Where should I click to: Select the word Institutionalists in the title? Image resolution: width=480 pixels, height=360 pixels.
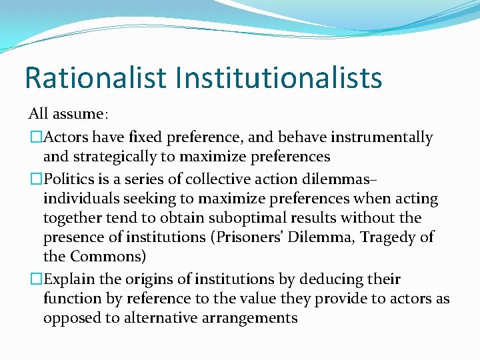[279, 77]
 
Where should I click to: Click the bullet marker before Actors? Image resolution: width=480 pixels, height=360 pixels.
[35, 137]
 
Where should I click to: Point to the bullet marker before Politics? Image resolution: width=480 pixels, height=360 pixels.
[35, 179]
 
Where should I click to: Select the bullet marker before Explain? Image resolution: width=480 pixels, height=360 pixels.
[35, 278]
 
